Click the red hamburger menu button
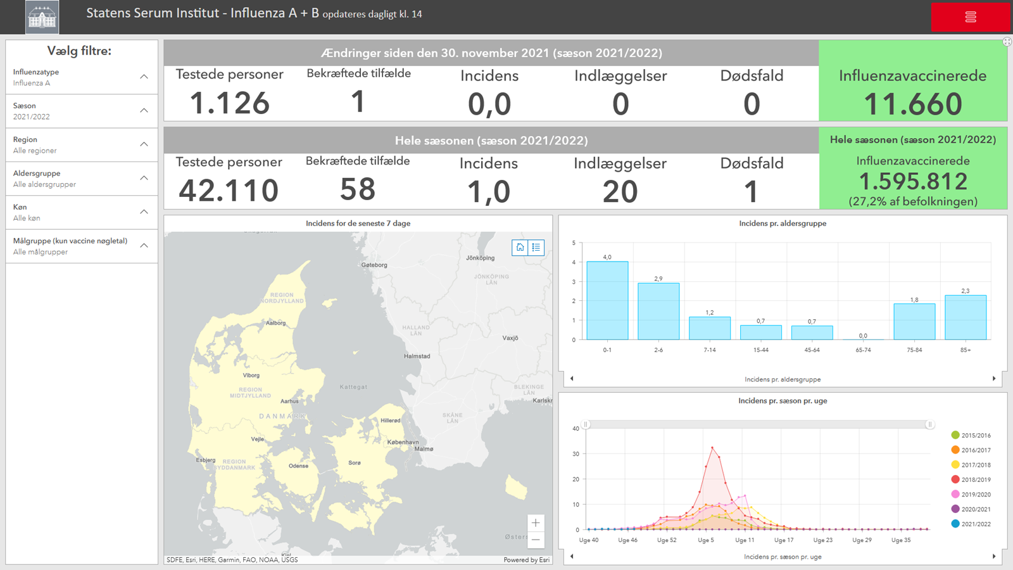point(970,17)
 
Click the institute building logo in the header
point(42,17)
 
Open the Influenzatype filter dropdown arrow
point(144,77)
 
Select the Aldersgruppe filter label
point(37,173)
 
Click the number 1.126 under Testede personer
point(229,103)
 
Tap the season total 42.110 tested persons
point(229,191)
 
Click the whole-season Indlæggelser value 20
point(620,191)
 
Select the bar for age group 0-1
point(607,301)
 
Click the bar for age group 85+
point(966,317)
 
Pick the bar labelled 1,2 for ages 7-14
point(709,328)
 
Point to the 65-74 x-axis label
point(863,350)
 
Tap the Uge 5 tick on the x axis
point(705,540)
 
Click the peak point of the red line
point(712,448)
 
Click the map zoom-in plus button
point(536,523)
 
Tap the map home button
point(520,248)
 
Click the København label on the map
point(403,442)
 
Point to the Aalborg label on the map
point(276,323)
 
